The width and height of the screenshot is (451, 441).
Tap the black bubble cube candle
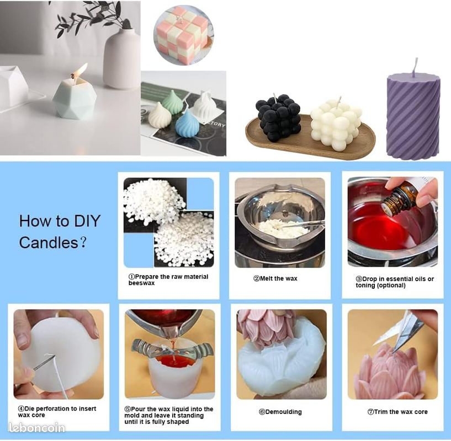click(278, 117)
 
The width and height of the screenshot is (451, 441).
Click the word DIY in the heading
click(87, 221)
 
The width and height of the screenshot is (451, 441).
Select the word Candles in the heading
click(49, 243)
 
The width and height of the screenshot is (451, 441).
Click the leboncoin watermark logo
click(37, 428)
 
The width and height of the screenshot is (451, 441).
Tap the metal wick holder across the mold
click(172, 348)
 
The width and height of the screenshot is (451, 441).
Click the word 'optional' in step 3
click(391, 286)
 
